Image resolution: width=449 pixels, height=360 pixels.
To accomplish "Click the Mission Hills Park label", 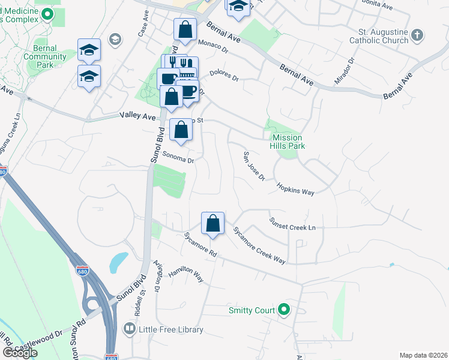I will [x=285, y=142].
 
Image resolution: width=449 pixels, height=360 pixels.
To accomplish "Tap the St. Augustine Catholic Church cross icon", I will [x=418, y=37].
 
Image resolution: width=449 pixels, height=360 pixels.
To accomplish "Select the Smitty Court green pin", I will [x=285, y=310].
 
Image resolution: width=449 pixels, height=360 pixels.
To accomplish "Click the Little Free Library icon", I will [x=128, y=329].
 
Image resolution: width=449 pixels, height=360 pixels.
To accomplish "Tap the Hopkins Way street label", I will [x=295, y=189].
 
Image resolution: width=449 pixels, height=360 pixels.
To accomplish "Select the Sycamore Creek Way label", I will [x=259, y=246].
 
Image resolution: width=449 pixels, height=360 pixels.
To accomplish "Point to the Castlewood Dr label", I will [x=40, y=342].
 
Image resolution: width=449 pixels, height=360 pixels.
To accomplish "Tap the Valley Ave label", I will [x=137, y=116].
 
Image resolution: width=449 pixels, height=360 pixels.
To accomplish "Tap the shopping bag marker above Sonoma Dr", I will [x=181, y=130].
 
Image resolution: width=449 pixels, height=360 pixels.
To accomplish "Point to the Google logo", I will [x=20, y=353].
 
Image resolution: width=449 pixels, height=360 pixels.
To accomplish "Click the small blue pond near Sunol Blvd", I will [x=119, y=262].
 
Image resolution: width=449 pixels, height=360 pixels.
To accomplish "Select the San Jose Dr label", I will [x=253, y=166].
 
